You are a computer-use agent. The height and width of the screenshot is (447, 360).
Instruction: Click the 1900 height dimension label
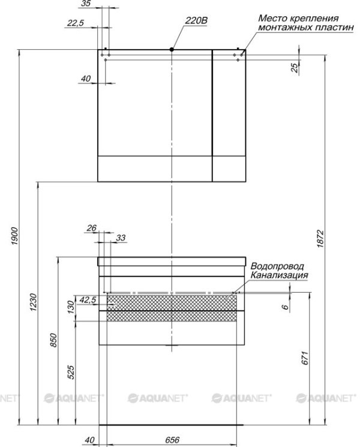[14, 236]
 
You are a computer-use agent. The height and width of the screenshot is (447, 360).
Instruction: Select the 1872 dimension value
[320, 238]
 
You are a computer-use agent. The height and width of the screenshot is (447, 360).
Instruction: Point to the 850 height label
[53, 340]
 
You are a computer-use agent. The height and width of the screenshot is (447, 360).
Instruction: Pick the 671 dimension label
[305, 358]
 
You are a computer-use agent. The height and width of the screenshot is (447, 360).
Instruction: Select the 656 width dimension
[172, 440]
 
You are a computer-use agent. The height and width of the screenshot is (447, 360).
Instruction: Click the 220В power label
[196, 20]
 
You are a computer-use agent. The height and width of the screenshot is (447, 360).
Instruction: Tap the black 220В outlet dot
[172, 50]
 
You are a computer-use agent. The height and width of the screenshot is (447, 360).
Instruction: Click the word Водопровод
[277, 266]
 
